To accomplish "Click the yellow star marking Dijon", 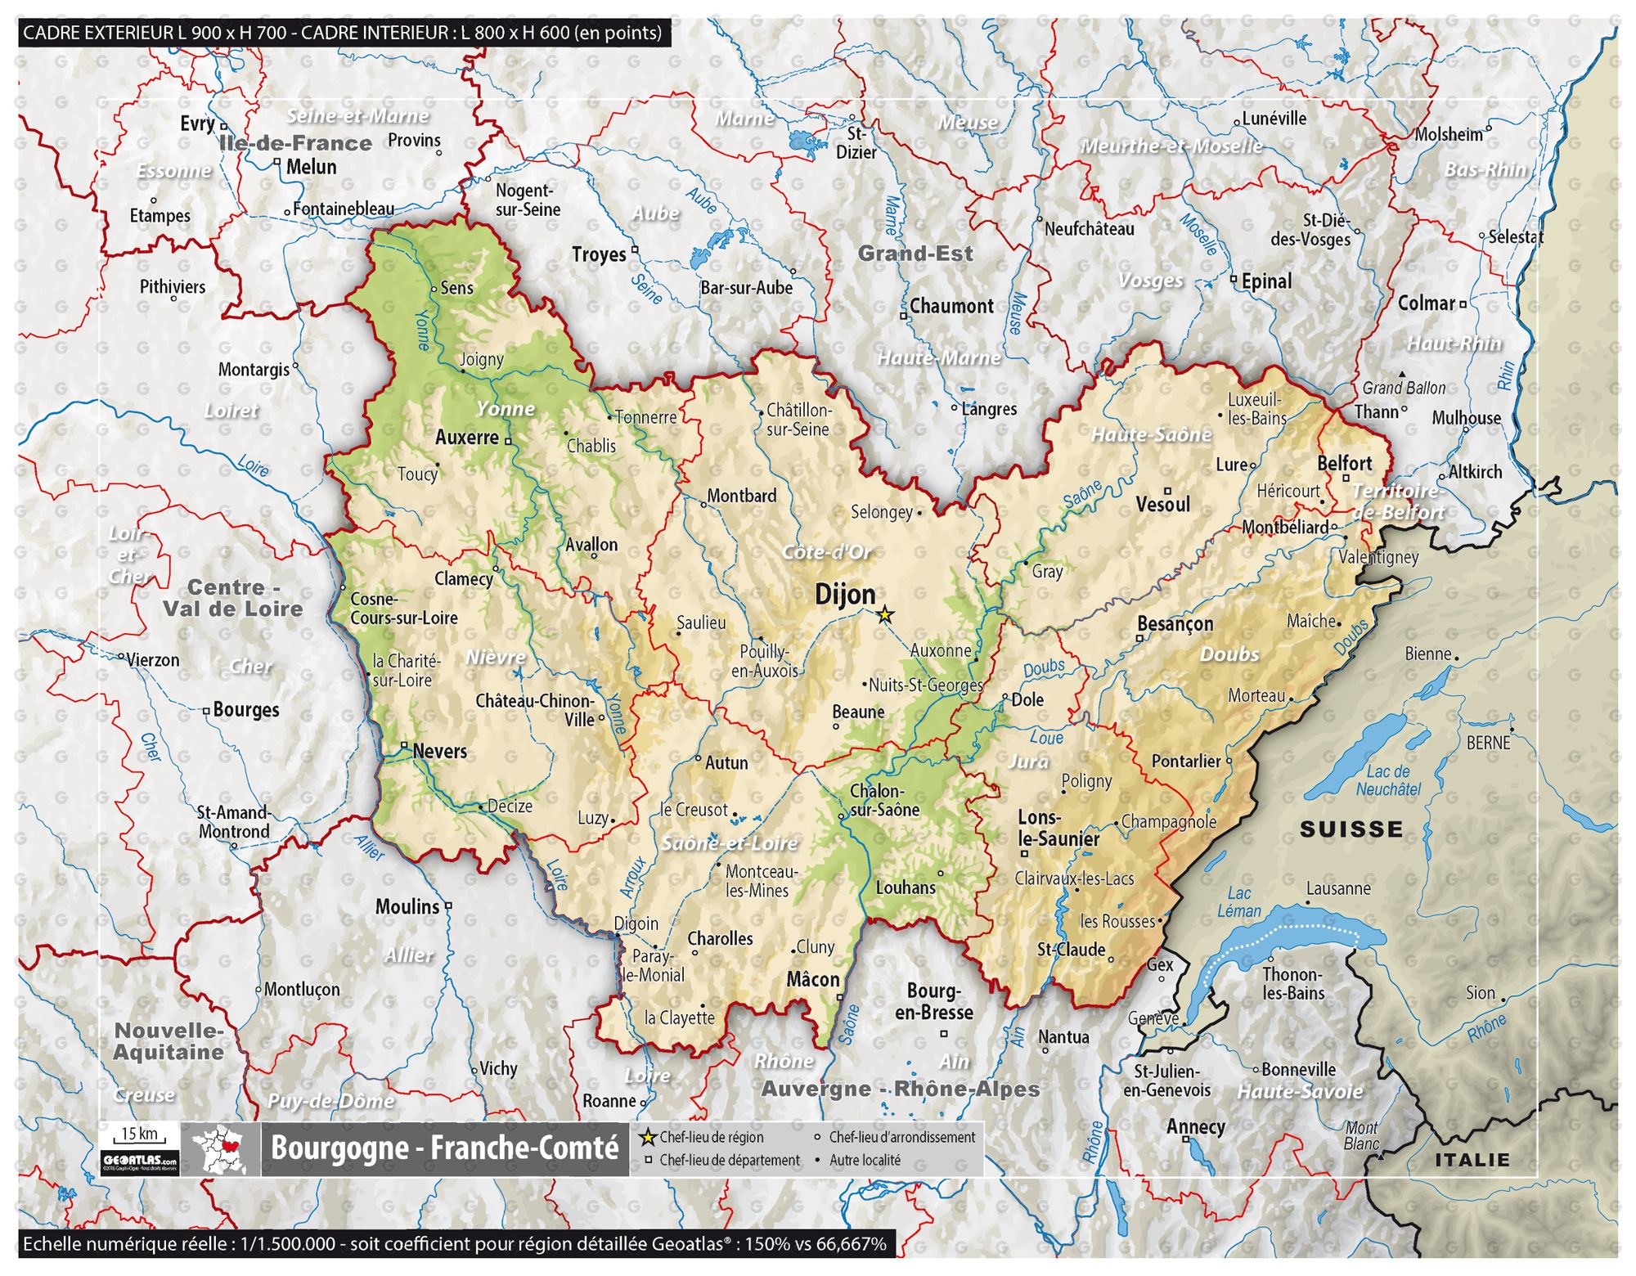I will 884,614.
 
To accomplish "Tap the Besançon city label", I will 1175,624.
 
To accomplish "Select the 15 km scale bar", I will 139,1135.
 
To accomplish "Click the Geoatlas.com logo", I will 139,1161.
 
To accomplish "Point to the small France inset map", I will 220,1149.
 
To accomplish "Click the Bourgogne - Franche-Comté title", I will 444,1148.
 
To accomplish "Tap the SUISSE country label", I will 1351,829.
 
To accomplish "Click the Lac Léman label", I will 1238,902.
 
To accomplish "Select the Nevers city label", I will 439,751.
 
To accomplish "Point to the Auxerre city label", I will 466,438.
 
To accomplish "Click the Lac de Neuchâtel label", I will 1388,780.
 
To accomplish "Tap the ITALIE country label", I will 1472,1160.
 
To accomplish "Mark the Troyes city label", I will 599,254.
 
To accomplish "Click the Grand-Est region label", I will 915,254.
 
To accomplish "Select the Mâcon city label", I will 812,979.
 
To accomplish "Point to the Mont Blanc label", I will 1361,1135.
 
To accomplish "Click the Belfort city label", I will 1344,463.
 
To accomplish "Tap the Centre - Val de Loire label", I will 233,598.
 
